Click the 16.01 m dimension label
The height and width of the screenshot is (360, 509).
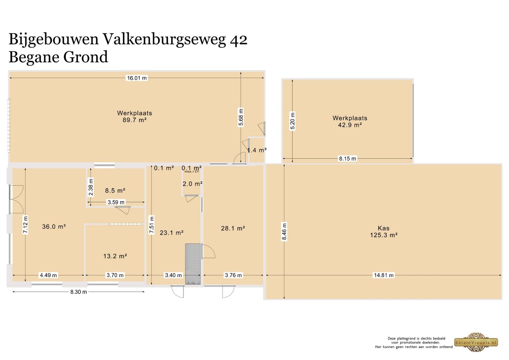pos(137,78)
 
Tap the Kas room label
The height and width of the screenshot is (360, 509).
pos(384,228)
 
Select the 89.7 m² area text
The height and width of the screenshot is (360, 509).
pos(134,120)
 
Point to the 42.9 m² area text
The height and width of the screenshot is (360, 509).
pos(350,125)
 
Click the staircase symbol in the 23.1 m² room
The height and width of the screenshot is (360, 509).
pos(193,263)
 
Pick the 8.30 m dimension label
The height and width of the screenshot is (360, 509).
pos(78,292)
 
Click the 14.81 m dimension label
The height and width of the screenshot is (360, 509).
pos(384,275)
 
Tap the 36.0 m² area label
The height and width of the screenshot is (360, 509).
pos(54,227)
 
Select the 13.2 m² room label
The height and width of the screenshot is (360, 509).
pos(115,256)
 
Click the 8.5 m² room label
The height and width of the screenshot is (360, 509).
pos(115,191)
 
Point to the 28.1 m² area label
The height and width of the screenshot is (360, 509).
pos(233,228)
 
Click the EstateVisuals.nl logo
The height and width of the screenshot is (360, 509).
pos(476,342)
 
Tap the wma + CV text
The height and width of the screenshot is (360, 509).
pos(192,172)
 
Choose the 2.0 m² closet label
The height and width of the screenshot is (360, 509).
pos(192,184)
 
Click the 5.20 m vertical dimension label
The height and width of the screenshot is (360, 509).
pos(293,121)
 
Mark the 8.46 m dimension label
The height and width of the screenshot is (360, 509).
pos(285,232)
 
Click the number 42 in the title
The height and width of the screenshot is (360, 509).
pos(239,39)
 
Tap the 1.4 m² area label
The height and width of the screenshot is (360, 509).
pos(257,150)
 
